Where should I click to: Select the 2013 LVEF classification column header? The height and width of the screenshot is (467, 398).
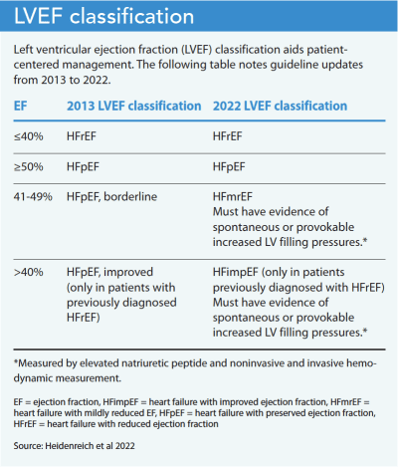128,105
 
